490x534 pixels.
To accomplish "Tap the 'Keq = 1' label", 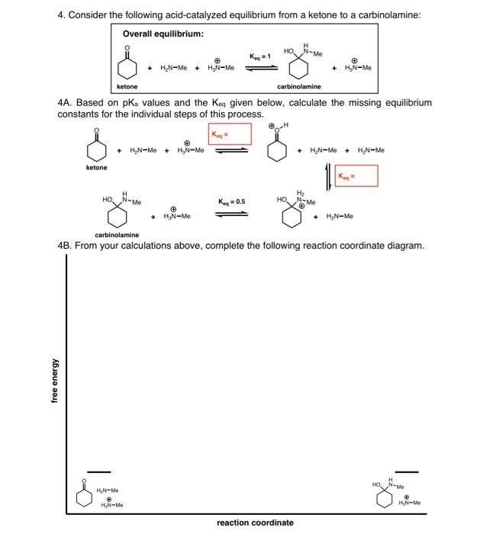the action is (x=260, y=56).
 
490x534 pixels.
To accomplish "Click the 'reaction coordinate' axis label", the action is (x=254, y=523).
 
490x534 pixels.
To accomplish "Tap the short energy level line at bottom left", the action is (x=98, y=471).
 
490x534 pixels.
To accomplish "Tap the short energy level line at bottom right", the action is (x=406, y=471).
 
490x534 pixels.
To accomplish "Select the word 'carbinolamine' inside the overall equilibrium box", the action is (x=298, y=87).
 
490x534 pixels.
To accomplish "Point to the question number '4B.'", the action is (x=66, y=246).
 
